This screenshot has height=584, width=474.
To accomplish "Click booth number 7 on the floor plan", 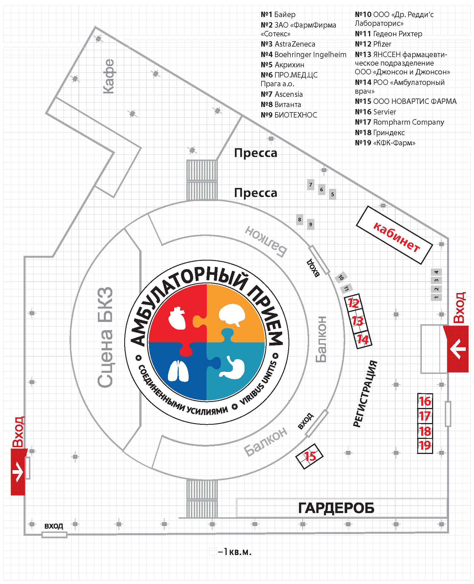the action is coord(311,185).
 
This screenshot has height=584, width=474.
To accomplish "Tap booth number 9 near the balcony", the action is coord(311,225).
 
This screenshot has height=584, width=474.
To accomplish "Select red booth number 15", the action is coord(310,456).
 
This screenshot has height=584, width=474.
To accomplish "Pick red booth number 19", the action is coord(425,445).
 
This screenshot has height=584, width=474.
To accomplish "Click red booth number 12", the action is coord(353,303).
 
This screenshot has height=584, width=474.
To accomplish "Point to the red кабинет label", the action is coord(396,237).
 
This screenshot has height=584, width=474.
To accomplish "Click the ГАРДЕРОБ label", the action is coord(336,508).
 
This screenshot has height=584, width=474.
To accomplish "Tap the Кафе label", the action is coord(108,76).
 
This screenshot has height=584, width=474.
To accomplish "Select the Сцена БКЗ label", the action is coord(105,337).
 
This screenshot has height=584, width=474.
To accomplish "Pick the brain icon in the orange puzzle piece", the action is coord(232,315).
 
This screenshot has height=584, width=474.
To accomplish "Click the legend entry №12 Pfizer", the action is coord(373,44).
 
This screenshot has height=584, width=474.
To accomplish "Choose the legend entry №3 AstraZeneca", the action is coord(288,44).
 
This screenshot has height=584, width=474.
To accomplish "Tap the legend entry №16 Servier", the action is coord(375,112).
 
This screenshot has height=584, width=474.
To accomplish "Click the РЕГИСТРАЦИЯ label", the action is coord(365,394).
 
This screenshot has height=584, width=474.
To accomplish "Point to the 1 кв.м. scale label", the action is coord(235,552).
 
